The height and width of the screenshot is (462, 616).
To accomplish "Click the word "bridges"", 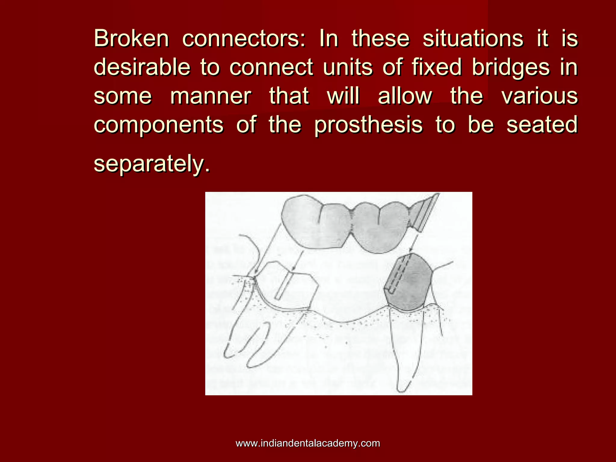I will point(511,67).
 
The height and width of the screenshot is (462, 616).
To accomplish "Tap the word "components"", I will point(159,125).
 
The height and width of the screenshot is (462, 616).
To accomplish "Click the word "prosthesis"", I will point(368,125).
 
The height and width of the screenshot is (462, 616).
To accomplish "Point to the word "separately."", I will point(152,164).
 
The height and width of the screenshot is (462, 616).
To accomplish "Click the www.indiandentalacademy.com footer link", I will point(308,443).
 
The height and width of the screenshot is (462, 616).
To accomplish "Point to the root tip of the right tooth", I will point(402,390).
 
